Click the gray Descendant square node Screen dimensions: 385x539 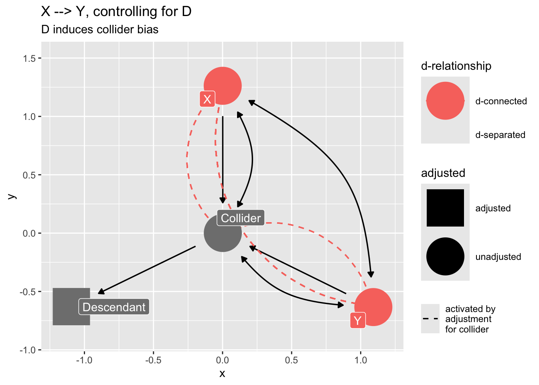click(x=68, y=306)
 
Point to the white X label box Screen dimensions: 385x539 click(x=207, y=99)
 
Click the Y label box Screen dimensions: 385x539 click(x=357, y=320)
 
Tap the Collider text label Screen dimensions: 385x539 click(x=241, y=218)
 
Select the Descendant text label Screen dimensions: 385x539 click(x=114, y=307)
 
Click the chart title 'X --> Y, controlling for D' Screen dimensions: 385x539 click(x=116, y=12)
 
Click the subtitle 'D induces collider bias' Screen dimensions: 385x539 click(x=100, y=30)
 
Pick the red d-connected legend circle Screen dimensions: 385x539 click(x=445, y=101)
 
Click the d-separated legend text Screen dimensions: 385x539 click(x=500, y=135)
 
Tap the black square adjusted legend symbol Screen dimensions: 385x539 click(x=445, y=208)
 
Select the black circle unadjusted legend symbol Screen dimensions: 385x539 click(x=445, y=256)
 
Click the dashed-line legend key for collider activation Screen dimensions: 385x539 click(x=430, y=319)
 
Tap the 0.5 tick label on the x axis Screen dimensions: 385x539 click(x=292, y=360)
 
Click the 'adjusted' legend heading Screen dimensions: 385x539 click(x=443, y=173)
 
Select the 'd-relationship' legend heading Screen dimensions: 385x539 click(x=456, y=66)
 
